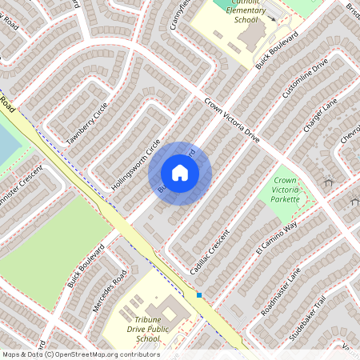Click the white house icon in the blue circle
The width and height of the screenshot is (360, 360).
pyautogui.click(x=180, y=173)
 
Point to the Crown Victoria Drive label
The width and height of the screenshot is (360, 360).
pyautogui.click(x=232, y=120)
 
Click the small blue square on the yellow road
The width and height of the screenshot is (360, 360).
pyautogui.click(x=199, y=294)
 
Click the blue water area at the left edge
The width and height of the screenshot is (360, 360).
pyautogui.click(x=6, y=148)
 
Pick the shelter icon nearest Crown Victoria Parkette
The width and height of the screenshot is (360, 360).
pyautogui.click(x=327, y=182)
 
